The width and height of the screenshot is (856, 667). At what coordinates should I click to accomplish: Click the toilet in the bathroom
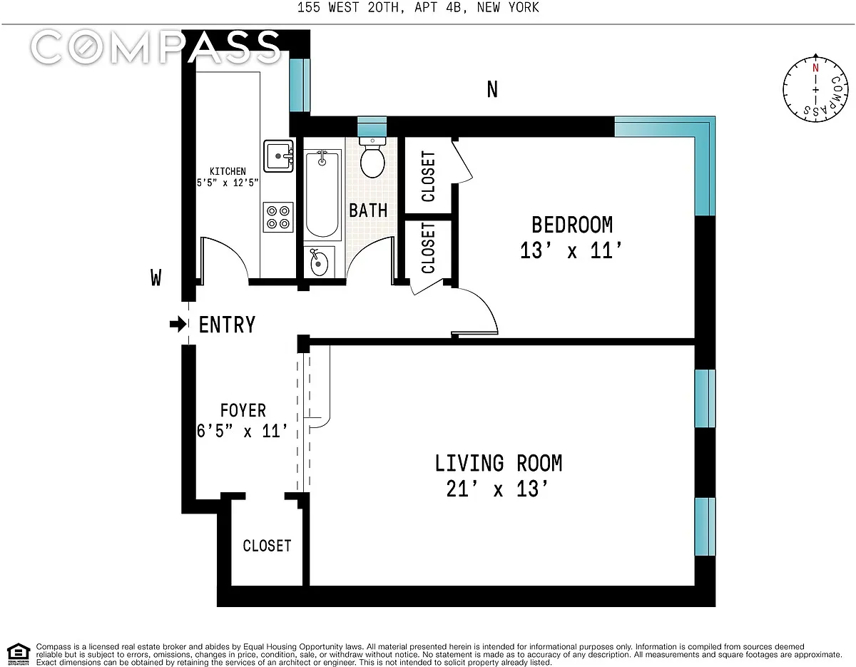point(372,158)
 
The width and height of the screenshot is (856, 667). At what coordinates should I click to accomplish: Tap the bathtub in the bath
point(322,194)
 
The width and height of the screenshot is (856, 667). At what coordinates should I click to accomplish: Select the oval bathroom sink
point(319,263)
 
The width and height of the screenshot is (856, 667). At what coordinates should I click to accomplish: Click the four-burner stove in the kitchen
point(278,217)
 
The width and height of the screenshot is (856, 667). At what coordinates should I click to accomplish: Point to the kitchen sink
point(278,156)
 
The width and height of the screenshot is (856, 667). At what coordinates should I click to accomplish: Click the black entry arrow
point(178,325)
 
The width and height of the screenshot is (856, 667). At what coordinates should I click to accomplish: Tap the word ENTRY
point(227,325)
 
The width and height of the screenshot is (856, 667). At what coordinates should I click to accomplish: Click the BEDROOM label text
point(572,225)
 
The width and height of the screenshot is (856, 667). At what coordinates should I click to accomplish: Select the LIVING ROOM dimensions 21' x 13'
point(497,489)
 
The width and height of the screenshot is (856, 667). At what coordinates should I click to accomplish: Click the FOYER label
point(243,410)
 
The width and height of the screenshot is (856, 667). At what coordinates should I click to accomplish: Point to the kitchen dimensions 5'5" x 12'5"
point(228,183)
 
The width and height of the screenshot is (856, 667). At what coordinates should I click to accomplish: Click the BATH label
point(368,210)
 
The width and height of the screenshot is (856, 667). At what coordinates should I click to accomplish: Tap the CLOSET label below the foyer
point(267,546)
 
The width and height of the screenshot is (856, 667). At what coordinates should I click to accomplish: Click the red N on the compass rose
point(815,68)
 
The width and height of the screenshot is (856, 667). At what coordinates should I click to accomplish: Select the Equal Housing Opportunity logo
point(19,654)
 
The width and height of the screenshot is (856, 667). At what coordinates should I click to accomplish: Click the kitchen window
point(300,85)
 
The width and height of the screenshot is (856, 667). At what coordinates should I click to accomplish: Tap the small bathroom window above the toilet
point(372,126)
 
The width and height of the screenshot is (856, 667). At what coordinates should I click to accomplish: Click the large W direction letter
point(156,278)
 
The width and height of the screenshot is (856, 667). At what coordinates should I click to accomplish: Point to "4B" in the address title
point(454,7)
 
